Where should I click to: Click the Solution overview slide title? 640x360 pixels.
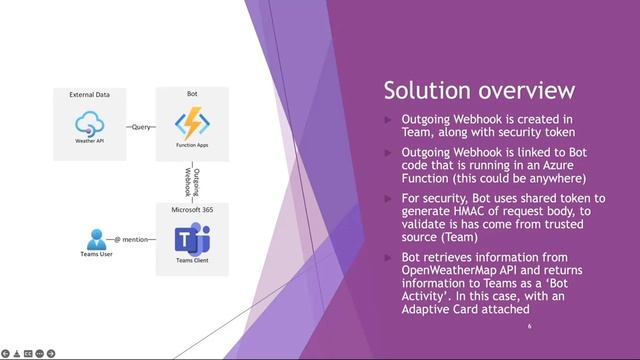479,91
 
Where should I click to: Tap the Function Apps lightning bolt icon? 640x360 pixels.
191,123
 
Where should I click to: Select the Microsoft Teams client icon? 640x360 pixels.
191,239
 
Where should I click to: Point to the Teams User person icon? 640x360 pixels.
96,239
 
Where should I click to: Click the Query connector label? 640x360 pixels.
140,127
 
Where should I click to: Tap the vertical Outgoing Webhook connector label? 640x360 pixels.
191,182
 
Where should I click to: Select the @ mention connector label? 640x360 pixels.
131,240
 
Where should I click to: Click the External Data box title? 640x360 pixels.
89,95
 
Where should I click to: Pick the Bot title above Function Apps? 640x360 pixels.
191,94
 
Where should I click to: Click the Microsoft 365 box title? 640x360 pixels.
191,209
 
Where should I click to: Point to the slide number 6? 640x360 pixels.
529,326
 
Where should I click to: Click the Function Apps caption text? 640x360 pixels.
191,145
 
